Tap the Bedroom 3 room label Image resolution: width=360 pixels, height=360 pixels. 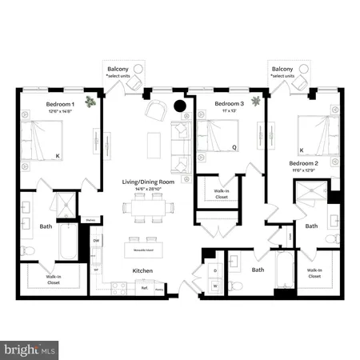tap(230, 104)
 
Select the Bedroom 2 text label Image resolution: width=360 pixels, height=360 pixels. tap(304, 163)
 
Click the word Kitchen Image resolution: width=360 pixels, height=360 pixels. tap(142, 271)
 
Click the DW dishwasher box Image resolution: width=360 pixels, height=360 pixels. tap(96, 241)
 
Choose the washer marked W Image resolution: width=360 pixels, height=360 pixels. tap(214, 285)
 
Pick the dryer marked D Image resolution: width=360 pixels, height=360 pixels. tap(214, 270)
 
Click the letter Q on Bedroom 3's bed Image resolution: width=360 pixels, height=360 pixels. tap(234, 146)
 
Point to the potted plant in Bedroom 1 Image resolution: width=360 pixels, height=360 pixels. tap(92, 101)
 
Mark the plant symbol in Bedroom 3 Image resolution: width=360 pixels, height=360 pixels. tap(255, 101)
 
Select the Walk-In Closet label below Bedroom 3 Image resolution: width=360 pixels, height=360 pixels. tap(222, 194)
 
